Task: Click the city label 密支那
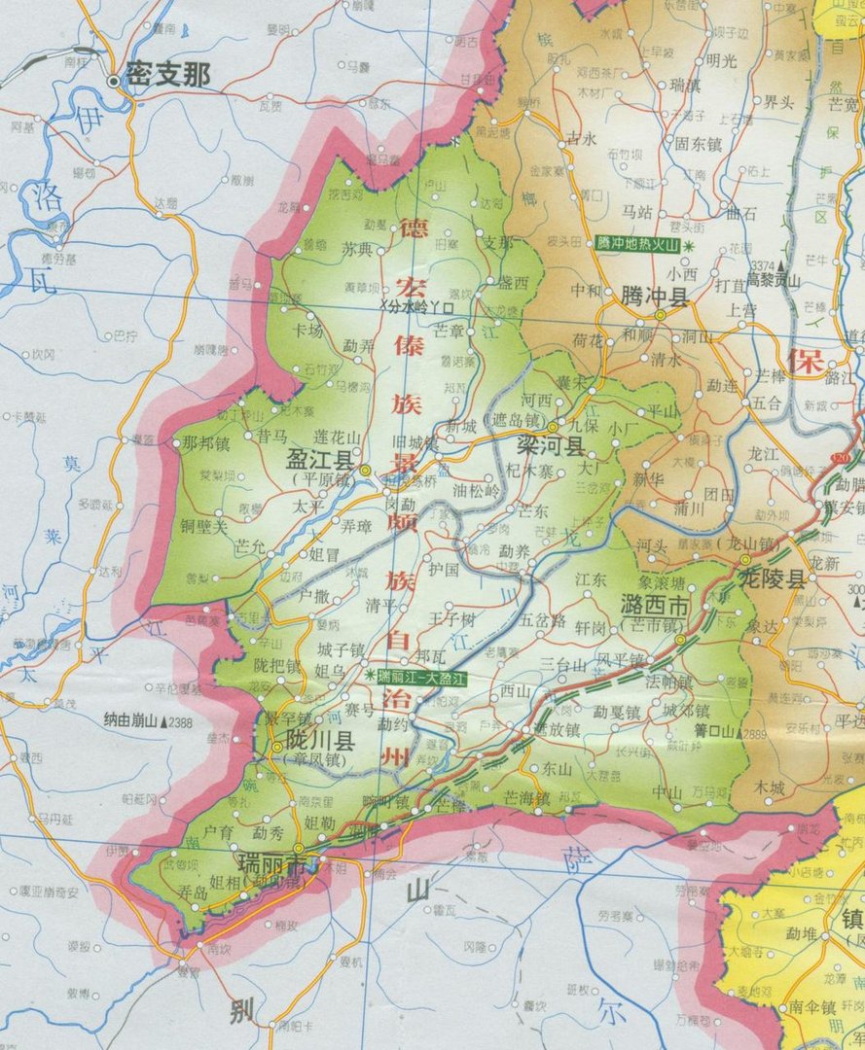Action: [167, 77]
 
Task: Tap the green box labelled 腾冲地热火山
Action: [636, 245]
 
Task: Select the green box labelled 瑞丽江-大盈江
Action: [422, 675]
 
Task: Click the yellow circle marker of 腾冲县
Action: [660, 315]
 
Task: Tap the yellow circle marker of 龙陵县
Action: [744, 560]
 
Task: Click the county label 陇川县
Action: [317, 740]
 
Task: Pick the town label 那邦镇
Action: [205, 443]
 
